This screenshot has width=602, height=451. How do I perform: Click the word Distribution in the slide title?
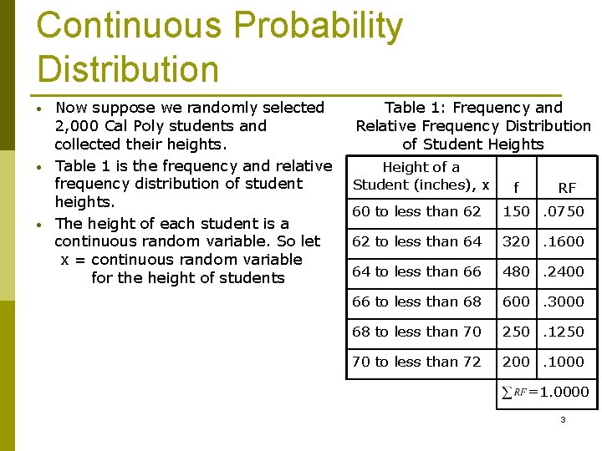pos(128,68)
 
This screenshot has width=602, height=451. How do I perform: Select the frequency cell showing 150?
pos(516,211)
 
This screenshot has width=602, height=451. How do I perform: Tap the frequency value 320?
pos(516,241)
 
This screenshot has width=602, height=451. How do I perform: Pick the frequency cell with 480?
pos(516,271)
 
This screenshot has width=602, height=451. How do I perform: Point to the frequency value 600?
pos(516,302)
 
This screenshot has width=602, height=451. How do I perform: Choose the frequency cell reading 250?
pos(516,332)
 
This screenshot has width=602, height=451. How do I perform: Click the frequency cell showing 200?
pos(516,362)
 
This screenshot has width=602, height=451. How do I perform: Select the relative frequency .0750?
pos(564,211)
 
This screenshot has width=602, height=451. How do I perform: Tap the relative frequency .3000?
pos(564,302)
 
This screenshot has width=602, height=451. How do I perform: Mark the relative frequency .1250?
pos(564,332)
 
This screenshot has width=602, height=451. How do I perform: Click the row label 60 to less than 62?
pos(416,211)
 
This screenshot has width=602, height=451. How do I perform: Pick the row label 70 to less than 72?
pos(416,362)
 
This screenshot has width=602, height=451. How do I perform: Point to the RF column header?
pos(567,188)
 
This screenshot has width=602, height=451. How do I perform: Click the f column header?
pos(515,188)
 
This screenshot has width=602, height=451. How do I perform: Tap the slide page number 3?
pos(563,419)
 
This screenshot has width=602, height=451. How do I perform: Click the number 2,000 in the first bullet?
pos(79,126)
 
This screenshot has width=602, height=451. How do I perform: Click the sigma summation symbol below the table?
pos(506,392)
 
